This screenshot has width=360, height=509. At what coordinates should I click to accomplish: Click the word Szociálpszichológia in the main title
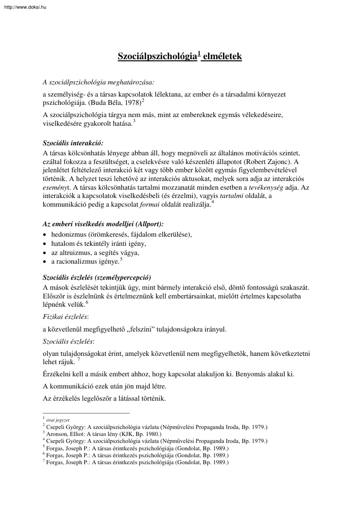click(x=157, y=57)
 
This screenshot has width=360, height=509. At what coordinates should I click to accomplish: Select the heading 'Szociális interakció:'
click(x=74, y=143)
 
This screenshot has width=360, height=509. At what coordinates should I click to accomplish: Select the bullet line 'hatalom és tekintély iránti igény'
click(x=99, y=243)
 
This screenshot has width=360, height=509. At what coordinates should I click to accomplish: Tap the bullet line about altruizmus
click(x=95, y=252)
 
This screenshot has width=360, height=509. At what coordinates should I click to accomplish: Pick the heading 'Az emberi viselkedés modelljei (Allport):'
click(x=103, y=224)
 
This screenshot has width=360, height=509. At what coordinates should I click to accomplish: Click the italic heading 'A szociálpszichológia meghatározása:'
click(x=98, y=82)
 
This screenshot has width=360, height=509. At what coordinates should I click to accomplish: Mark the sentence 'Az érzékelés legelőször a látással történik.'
click(x=104, y=398)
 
